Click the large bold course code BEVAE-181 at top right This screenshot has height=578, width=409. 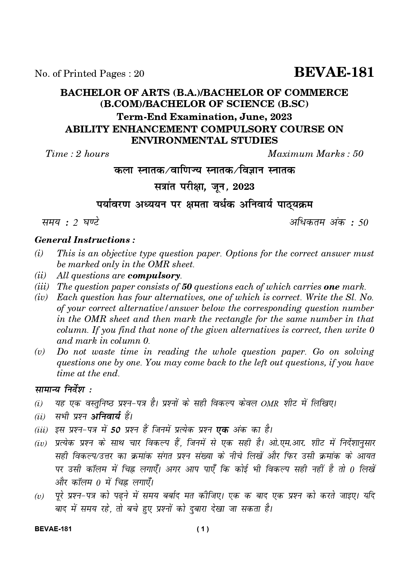click(334, 72)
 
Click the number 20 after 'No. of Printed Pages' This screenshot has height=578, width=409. click(139, 74)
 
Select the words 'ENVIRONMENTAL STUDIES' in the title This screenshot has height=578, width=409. click(204, 141)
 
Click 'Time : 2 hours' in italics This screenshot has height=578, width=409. click(77, 154)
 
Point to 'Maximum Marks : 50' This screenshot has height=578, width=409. click(315, 154)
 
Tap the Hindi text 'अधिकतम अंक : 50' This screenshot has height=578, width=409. click(328, 222)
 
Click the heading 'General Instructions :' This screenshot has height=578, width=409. click(85, 240)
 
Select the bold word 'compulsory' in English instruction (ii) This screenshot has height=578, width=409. click(154, 275)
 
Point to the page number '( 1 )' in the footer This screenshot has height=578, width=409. click(203, 530)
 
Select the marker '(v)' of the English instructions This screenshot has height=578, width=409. click(40, 352)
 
